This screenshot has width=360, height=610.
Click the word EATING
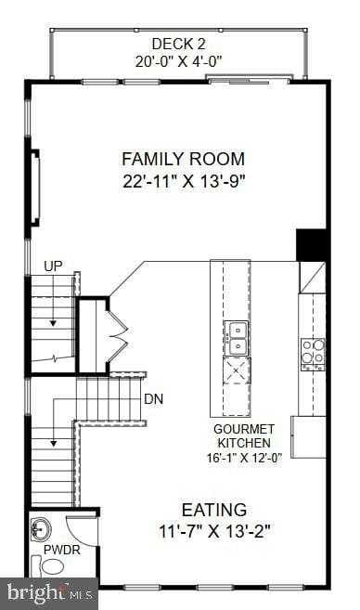click(213, 510)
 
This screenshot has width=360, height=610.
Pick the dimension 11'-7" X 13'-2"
click(213, 533)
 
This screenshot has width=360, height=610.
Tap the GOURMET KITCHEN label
click(244, 435)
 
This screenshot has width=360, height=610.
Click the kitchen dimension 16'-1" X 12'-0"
click(244, 457)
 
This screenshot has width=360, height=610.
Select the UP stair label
click(54, 266)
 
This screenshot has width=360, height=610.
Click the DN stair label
click(154, 399)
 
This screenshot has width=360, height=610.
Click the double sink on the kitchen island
click(236, 337)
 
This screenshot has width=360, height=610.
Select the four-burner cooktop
click(313, 353)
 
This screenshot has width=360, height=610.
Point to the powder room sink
click(41, 529)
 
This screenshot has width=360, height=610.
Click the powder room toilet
click(53, 566)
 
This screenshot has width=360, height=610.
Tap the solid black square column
click(312, 244)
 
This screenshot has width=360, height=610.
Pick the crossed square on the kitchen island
click(236, 370)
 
